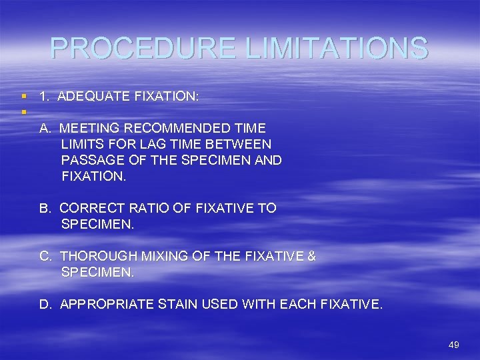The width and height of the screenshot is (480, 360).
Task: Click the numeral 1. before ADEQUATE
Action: [45, 97]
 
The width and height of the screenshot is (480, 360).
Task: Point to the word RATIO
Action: [145, 208]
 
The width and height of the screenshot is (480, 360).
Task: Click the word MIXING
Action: [168, 256]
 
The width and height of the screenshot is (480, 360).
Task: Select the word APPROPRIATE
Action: [107, 305]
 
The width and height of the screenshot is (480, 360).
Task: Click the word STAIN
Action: [178, 305]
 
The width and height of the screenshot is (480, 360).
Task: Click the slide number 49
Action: [454, 345]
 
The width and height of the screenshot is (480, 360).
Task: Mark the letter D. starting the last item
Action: [46, 305]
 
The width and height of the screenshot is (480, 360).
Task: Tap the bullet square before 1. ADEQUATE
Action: [24, 97]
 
